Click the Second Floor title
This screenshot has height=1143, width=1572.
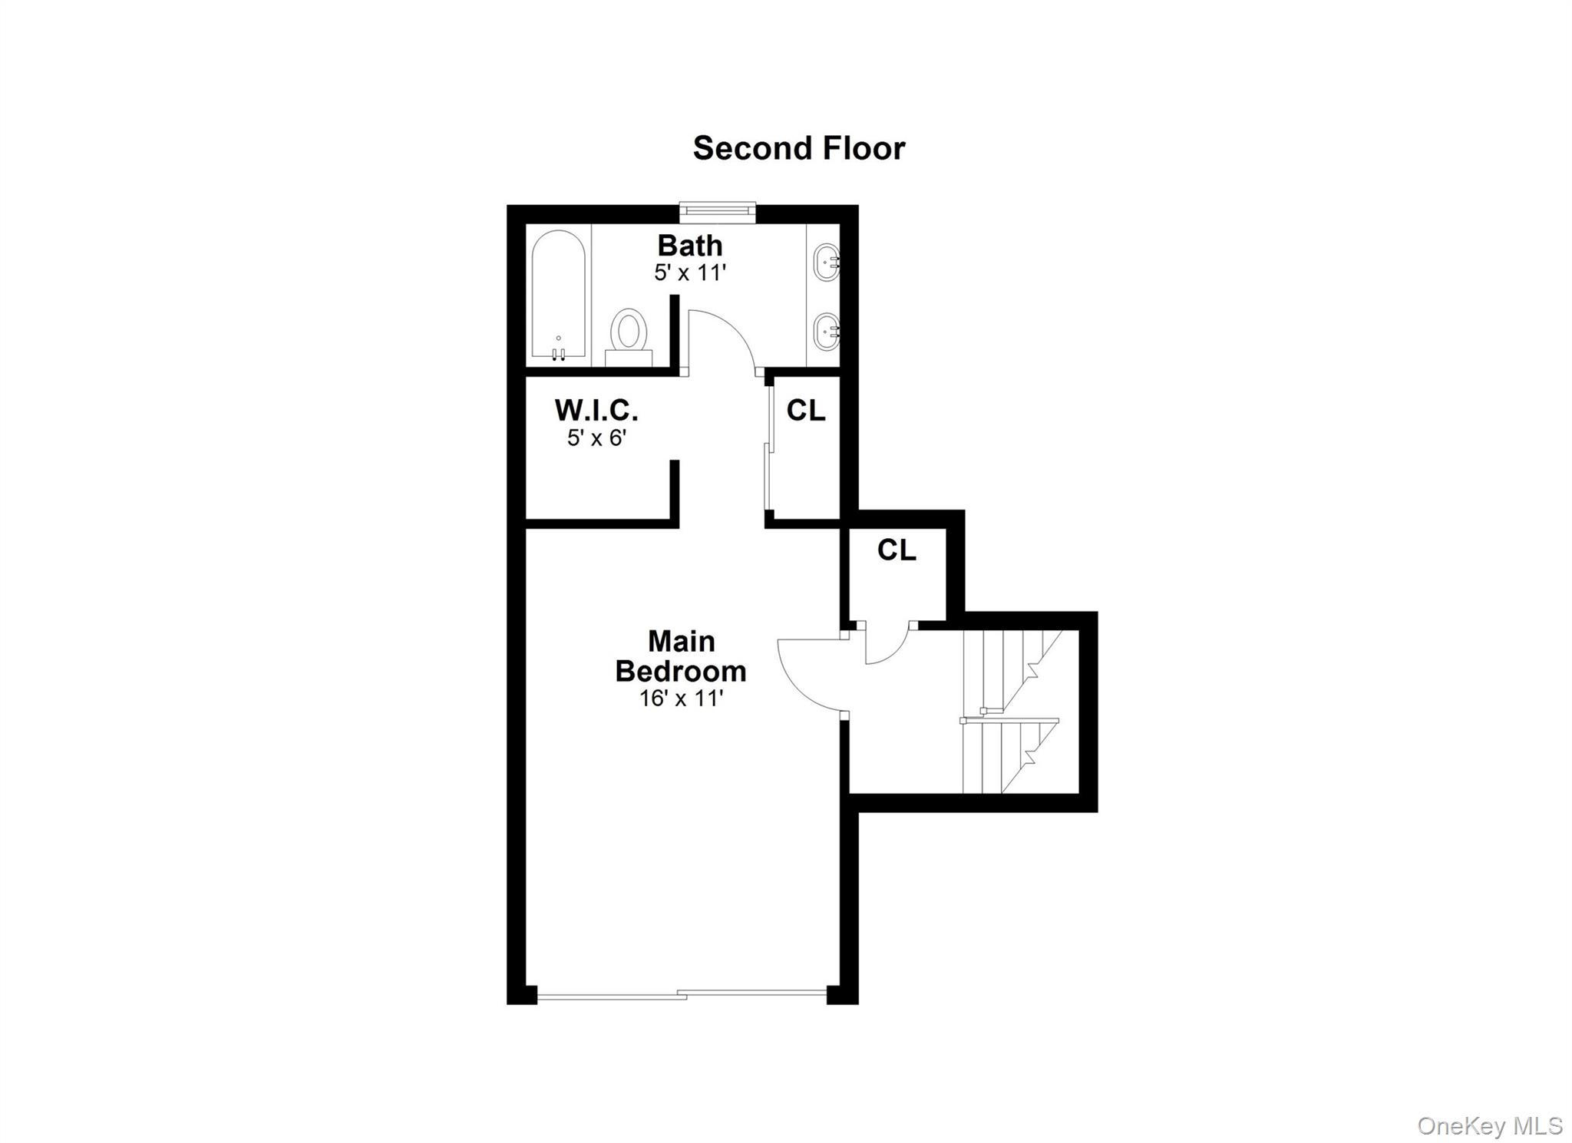click(x=798, y=148)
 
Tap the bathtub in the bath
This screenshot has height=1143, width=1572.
click(x=559, y=295)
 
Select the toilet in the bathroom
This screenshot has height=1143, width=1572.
click(x=629, y=335)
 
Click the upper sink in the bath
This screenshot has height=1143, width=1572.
click(x=827, y=263)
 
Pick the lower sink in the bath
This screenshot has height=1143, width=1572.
click(x=827, y=332)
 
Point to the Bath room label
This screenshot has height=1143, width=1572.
click(x=689, y=246)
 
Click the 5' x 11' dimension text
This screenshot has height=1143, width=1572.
click(x=689, y=273)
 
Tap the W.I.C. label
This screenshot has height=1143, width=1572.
click(x=596, y=411)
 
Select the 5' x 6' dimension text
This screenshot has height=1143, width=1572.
click(x=596, y=438)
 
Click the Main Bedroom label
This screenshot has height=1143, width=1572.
click(x=681, y=656)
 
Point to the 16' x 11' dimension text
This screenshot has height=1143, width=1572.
click(x=681, y=699)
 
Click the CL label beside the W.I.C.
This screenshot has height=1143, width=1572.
click(x=806, y=411)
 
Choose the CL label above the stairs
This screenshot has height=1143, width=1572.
click(x=897, y=550)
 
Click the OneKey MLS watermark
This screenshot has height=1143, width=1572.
click(x=1489, y=1126)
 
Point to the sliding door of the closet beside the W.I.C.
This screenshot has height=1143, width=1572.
click(x=769, y=449)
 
